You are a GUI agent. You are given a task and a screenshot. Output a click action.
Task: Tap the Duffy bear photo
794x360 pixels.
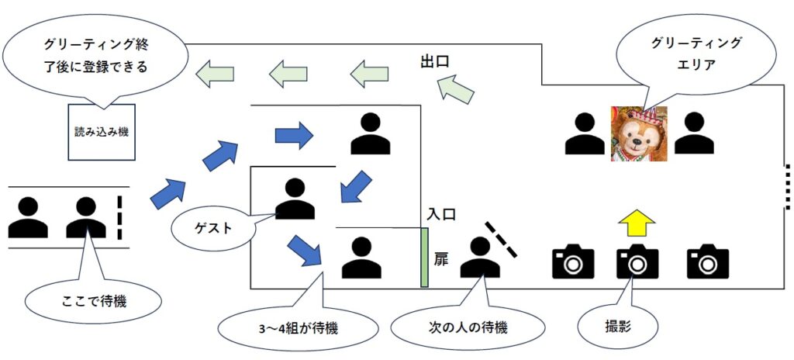click(638, 134)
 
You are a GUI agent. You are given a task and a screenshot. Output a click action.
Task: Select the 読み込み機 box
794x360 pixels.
click(102, 131)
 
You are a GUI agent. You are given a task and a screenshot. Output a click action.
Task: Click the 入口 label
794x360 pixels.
click(440, 213)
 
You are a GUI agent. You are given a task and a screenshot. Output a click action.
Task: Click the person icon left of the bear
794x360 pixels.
click(584, 133)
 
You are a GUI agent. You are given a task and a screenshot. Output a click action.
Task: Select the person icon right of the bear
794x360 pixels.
click(693, 133)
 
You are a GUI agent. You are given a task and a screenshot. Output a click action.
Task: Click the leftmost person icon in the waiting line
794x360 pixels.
click(28, 218)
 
